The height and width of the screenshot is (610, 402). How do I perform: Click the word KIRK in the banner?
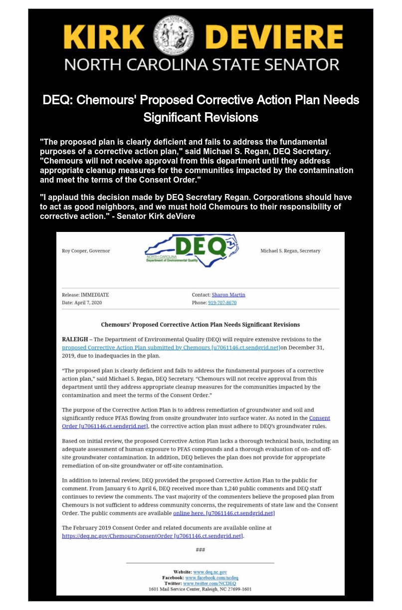[104, 38]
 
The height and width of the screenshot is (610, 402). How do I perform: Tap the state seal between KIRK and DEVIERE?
[175, 36]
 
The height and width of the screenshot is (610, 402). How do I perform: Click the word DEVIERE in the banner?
[274, 38]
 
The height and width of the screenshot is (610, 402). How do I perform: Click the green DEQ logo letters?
[198, 246]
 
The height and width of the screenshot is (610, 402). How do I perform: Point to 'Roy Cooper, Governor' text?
[86, 251]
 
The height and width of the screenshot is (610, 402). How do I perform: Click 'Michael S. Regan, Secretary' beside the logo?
[290, 251]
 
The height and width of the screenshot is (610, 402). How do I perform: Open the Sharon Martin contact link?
[228, 295]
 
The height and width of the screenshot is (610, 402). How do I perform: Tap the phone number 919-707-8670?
[222, 303]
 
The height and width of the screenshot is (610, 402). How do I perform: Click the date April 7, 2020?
[92, 303]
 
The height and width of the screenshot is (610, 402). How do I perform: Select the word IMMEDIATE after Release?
[95, 295]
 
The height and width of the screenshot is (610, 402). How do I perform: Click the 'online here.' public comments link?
[189, 513]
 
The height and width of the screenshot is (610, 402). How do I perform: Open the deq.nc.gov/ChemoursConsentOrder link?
[117, 536]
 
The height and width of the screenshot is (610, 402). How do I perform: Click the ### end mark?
[200, 550]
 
